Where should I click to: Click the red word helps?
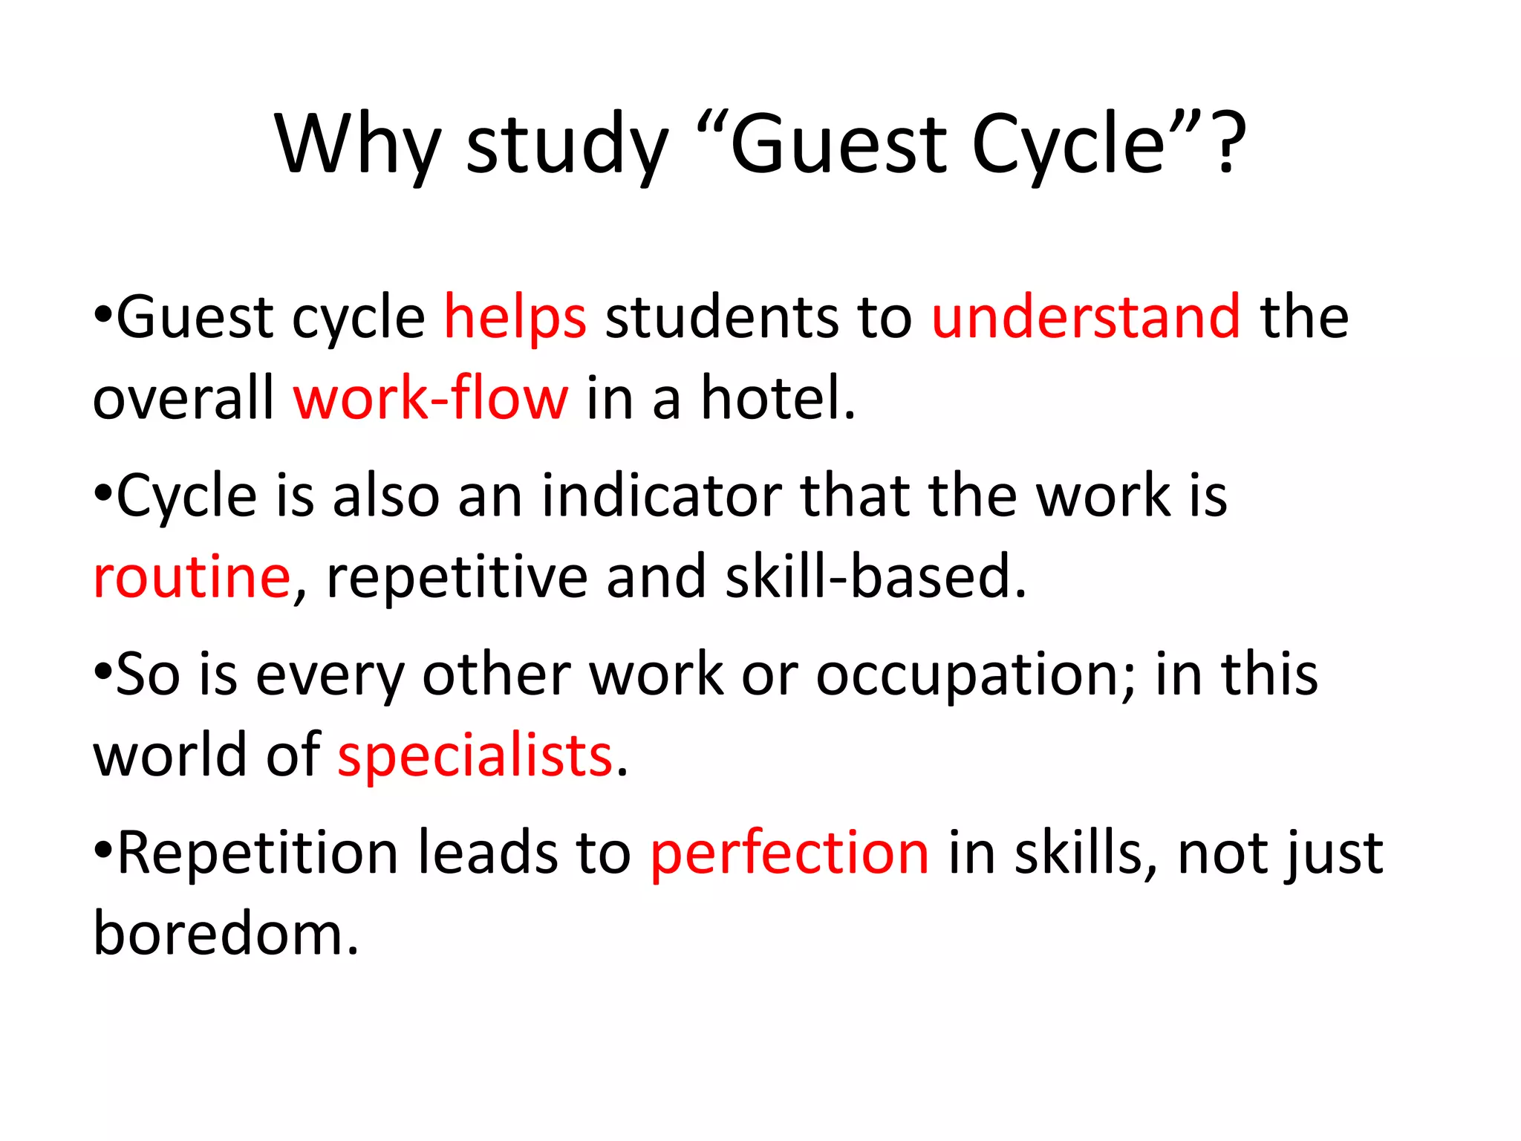point(515,318)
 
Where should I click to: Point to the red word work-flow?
point(431,398)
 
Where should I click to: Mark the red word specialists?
point(475,756)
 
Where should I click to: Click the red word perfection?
point(789,853)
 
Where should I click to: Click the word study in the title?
point(567,144)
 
